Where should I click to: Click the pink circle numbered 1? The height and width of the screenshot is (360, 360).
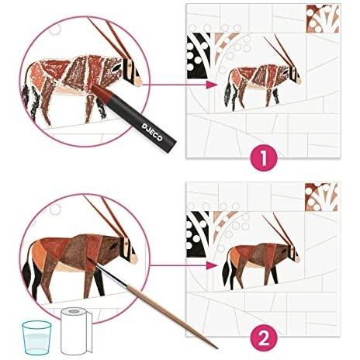[x=264, y=157]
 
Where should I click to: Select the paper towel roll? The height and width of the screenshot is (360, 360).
[x=76, y=331]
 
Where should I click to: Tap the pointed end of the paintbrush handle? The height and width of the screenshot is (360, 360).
[x=216, y=347]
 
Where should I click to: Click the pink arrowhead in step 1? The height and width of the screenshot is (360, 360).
[x=211, y=85]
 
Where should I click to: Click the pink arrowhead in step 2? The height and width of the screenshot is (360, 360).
[x=211, y=265]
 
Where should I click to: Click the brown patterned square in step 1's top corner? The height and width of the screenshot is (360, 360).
[x=322, y=19]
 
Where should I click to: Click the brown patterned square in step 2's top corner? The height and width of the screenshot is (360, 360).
[x=321, y=197]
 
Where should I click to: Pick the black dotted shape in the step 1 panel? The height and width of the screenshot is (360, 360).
[x=198, y=56]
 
